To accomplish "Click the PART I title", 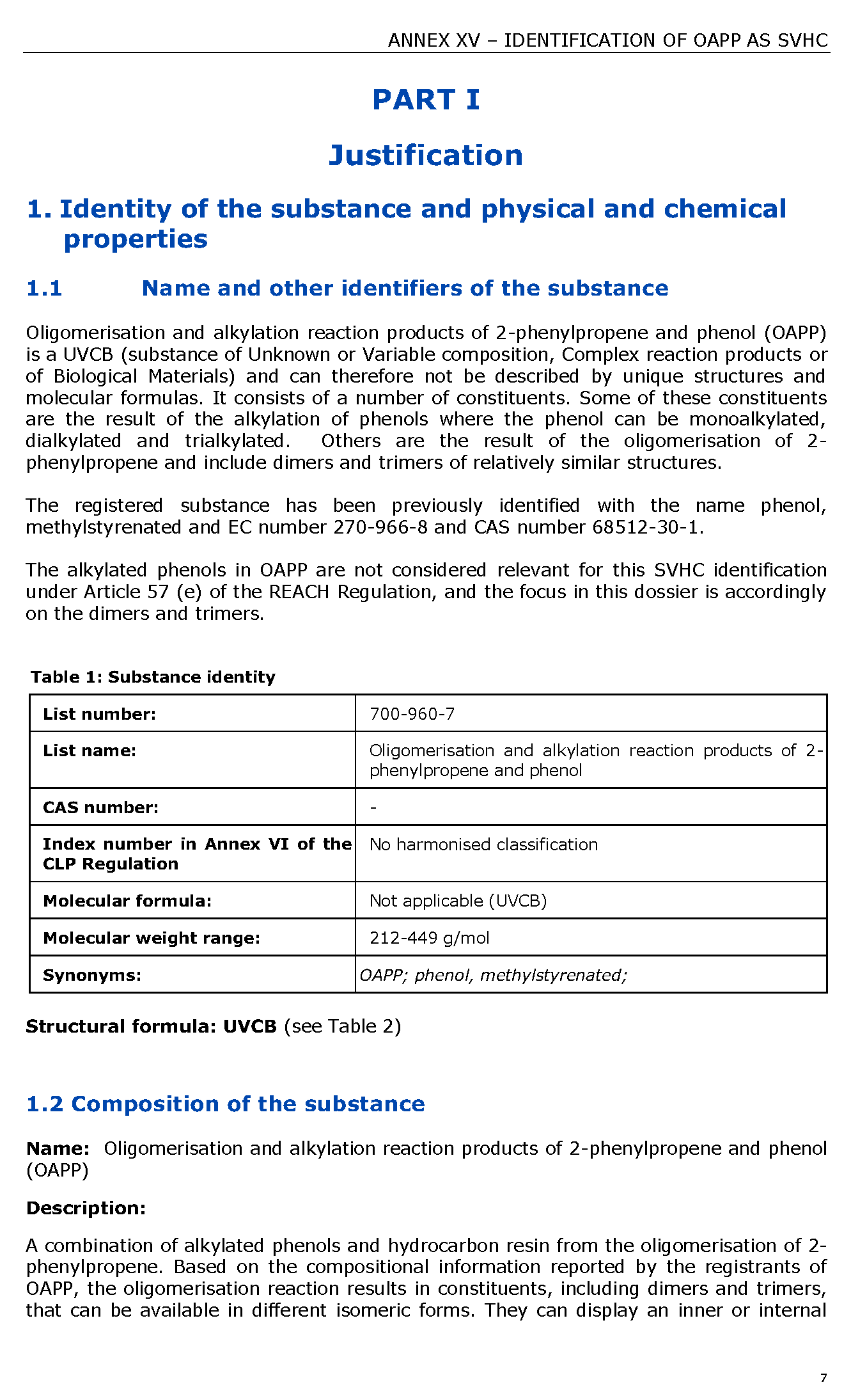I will [x=426, y=100].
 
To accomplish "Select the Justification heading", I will [x=426, y=155].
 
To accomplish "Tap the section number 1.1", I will [x=44, y=289].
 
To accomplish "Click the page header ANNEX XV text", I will [x=607, y=40].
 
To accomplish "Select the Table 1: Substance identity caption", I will [x=153, y=677].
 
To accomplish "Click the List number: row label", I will [x=99, y=714].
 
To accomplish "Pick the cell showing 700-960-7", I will [x=412, y=714].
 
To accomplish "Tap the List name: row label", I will [x=90, y=750].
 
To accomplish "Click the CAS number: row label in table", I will [x=100, y=807].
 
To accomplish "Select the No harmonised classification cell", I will [x=483, y=845].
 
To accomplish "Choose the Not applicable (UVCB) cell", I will [x=458, y=901].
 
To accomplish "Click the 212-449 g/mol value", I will [x=429, y=938].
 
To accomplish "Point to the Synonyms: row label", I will [x=92, y=975].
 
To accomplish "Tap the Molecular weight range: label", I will [x=152, y=938].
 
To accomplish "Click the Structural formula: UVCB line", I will [x=213, y=1026].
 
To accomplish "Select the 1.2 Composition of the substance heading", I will [x=225, y=1104].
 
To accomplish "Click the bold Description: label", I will [x=86, y=1208].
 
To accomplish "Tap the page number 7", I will [x=824, y=1377].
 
